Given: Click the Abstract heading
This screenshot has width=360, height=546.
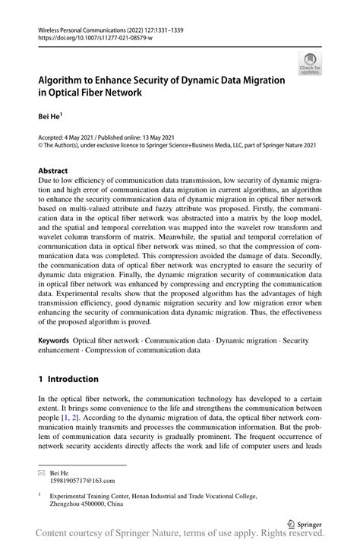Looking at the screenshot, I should (53, 171).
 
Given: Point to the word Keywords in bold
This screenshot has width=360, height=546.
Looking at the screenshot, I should (55, 341).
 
